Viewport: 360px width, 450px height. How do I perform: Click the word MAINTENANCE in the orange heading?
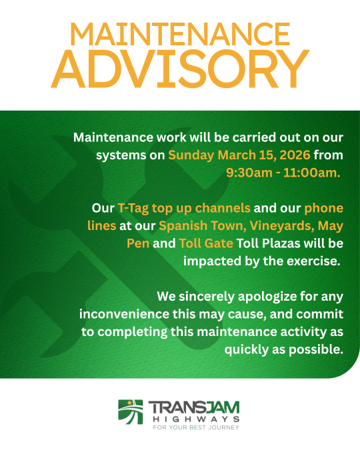(180, 34)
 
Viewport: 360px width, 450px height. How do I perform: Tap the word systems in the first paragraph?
(116, 156)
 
